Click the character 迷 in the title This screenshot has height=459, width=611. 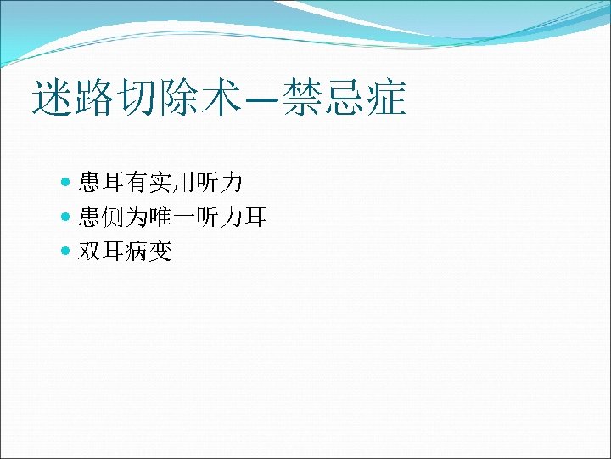point(52,99)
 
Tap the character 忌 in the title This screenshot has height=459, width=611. point(346,99)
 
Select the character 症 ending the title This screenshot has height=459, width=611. point(386,99)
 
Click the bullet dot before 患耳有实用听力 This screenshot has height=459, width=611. point(68,181)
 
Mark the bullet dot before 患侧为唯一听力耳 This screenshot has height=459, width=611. point(68,218)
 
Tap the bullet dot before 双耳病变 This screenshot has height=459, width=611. point(68,252)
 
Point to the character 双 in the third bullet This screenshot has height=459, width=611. point(90,252)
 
